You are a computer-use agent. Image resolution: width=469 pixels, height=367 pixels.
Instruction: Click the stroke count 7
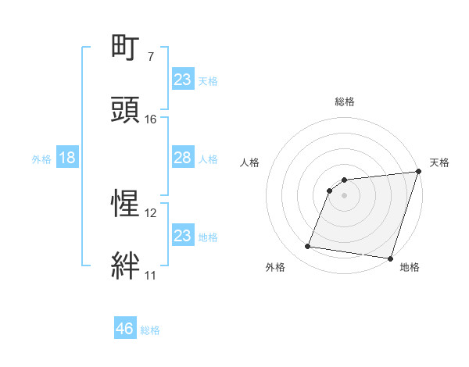pyautogui.click(x=150, y=56)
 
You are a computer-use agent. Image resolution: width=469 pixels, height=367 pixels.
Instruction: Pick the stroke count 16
pyautogui.click(x=151, y=119)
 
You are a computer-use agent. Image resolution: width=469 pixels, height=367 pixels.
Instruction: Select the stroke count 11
pyautogui.click(x=151, y=275)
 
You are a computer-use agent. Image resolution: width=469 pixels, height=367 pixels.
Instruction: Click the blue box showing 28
pyautogui.click(x=182, y=158)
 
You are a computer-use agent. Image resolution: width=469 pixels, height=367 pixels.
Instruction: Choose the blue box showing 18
pyautogui.click(x=66, y=158)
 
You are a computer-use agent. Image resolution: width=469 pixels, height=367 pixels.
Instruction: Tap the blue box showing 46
pyautogui.click(x=124, y=329)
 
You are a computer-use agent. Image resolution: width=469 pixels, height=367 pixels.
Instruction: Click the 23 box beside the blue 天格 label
pyautogui.click(x=182, y=80)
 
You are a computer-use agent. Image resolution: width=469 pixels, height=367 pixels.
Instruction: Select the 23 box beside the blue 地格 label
pyautogui.click(x=182, y=236)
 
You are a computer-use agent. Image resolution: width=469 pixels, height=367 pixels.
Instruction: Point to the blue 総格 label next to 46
pyautogui.click(x=150, y=330)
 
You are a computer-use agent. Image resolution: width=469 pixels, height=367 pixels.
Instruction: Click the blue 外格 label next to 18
pyautogui.click(x=41, y=159)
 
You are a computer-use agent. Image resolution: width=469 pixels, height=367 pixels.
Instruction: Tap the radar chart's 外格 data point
pyautogui.click(x=307, y=247)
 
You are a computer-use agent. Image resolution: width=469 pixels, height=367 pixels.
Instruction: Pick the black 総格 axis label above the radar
pyautogui.click(x=345, y=102)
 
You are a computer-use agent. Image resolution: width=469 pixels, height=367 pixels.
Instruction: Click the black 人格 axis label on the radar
pyautogui.click(x=250, y=162)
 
